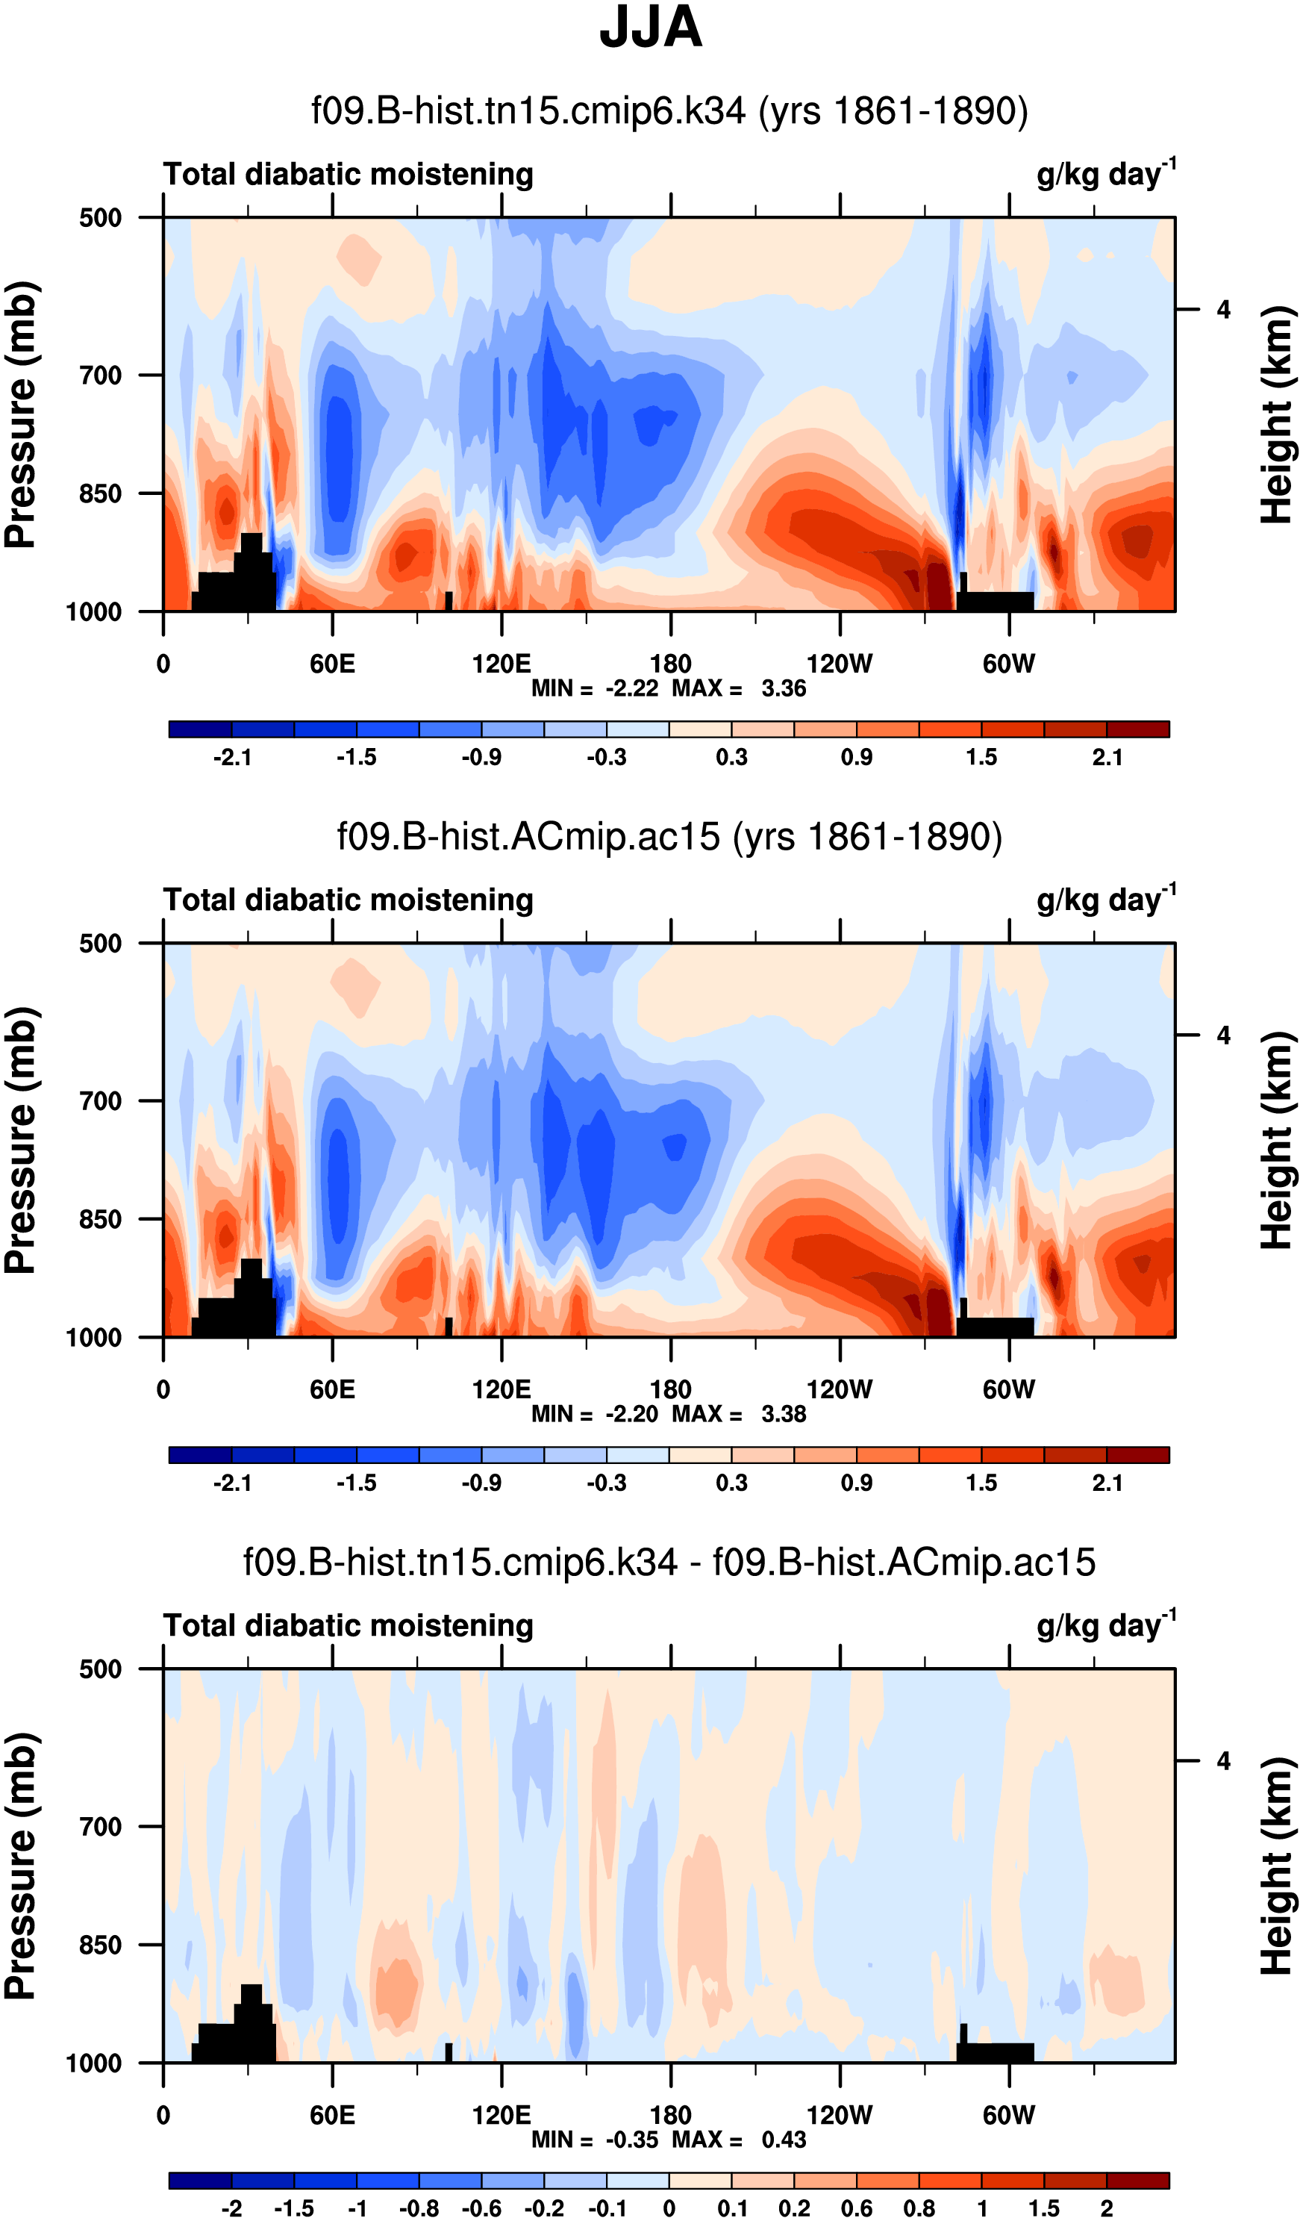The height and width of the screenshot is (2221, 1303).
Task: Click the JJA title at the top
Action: [x=650, y=28]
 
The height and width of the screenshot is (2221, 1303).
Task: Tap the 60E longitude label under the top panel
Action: [x=332, y=664]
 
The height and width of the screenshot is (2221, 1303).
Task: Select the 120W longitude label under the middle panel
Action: [x=839, y=1390]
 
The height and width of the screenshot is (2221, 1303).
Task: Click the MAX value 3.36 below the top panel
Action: [x=783, y=688]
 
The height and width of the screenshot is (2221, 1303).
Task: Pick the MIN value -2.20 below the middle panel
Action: [x=631, y=1414]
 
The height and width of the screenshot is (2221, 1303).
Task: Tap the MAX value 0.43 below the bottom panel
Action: [x=783, y=2140]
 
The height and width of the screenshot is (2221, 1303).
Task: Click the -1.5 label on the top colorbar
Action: [x=356, y=757]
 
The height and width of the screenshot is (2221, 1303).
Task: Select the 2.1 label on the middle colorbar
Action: [x=1107, y=1483]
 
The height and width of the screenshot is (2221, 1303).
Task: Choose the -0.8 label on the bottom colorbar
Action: [x=419, y=2208]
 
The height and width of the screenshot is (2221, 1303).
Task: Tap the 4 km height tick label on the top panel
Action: [x=1223, y=309]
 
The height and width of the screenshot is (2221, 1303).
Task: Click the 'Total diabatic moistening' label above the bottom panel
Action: [x=348, y=1625]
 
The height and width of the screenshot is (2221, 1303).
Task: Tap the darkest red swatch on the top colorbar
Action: [x=1137, y=729]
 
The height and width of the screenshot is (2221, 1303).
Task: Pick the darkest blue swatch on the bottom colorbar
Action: [x=200, y=2181]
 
